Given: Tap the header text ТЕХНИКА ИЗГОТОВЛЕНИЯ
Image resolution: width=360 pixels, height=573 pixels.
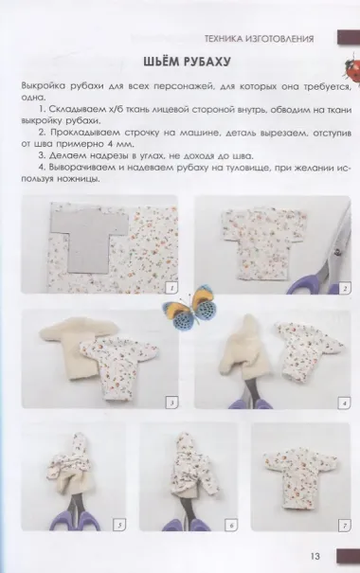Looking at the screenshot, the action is click(259, 39).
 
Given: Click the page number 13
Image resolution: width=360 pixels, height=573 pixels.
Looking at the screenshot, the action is click(315, 557).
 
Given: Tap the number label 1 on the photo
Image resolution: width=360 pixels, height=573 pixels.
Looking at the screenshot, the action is click(171, 288).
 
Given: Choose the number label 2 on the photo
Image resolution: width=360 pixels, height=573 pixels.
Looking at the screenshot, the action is click(344, 289).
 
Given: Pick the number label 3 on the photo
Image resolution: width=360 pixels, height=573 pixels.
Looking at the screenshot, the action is click(171, 403).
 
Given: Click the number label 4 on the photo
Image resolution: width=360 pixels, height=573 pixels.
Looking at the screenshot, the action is click(344, 403).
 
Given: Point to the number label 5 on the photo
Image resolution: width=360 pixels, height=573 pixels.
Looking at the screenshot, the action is click(119, 526).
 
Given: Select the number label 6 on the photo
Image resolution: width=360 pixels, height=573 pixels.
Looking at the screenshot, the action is click(231, 526).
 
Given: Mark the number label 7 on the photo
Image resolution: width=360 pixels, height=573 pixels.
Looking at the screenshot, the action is click(344, 526).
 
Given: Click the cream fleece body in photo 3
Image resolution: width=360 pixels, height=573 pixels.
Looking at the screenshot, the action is click(75, 349).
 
